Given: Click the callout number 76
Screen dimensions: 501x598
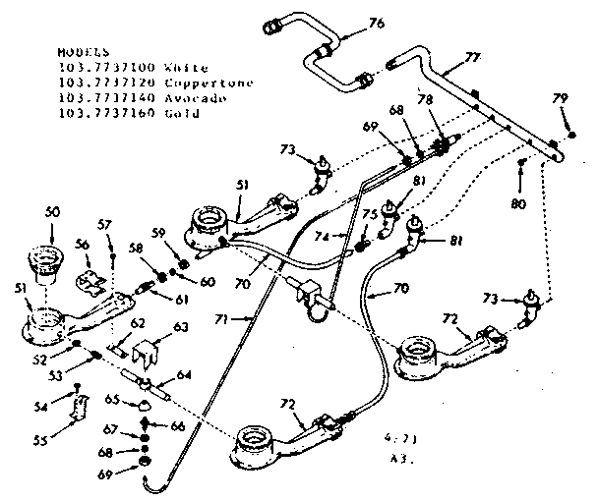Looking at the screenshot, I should click(x=377, y=23).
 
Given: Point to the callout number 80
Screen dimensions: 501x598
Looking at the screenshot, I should click(x=518, y=203).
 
